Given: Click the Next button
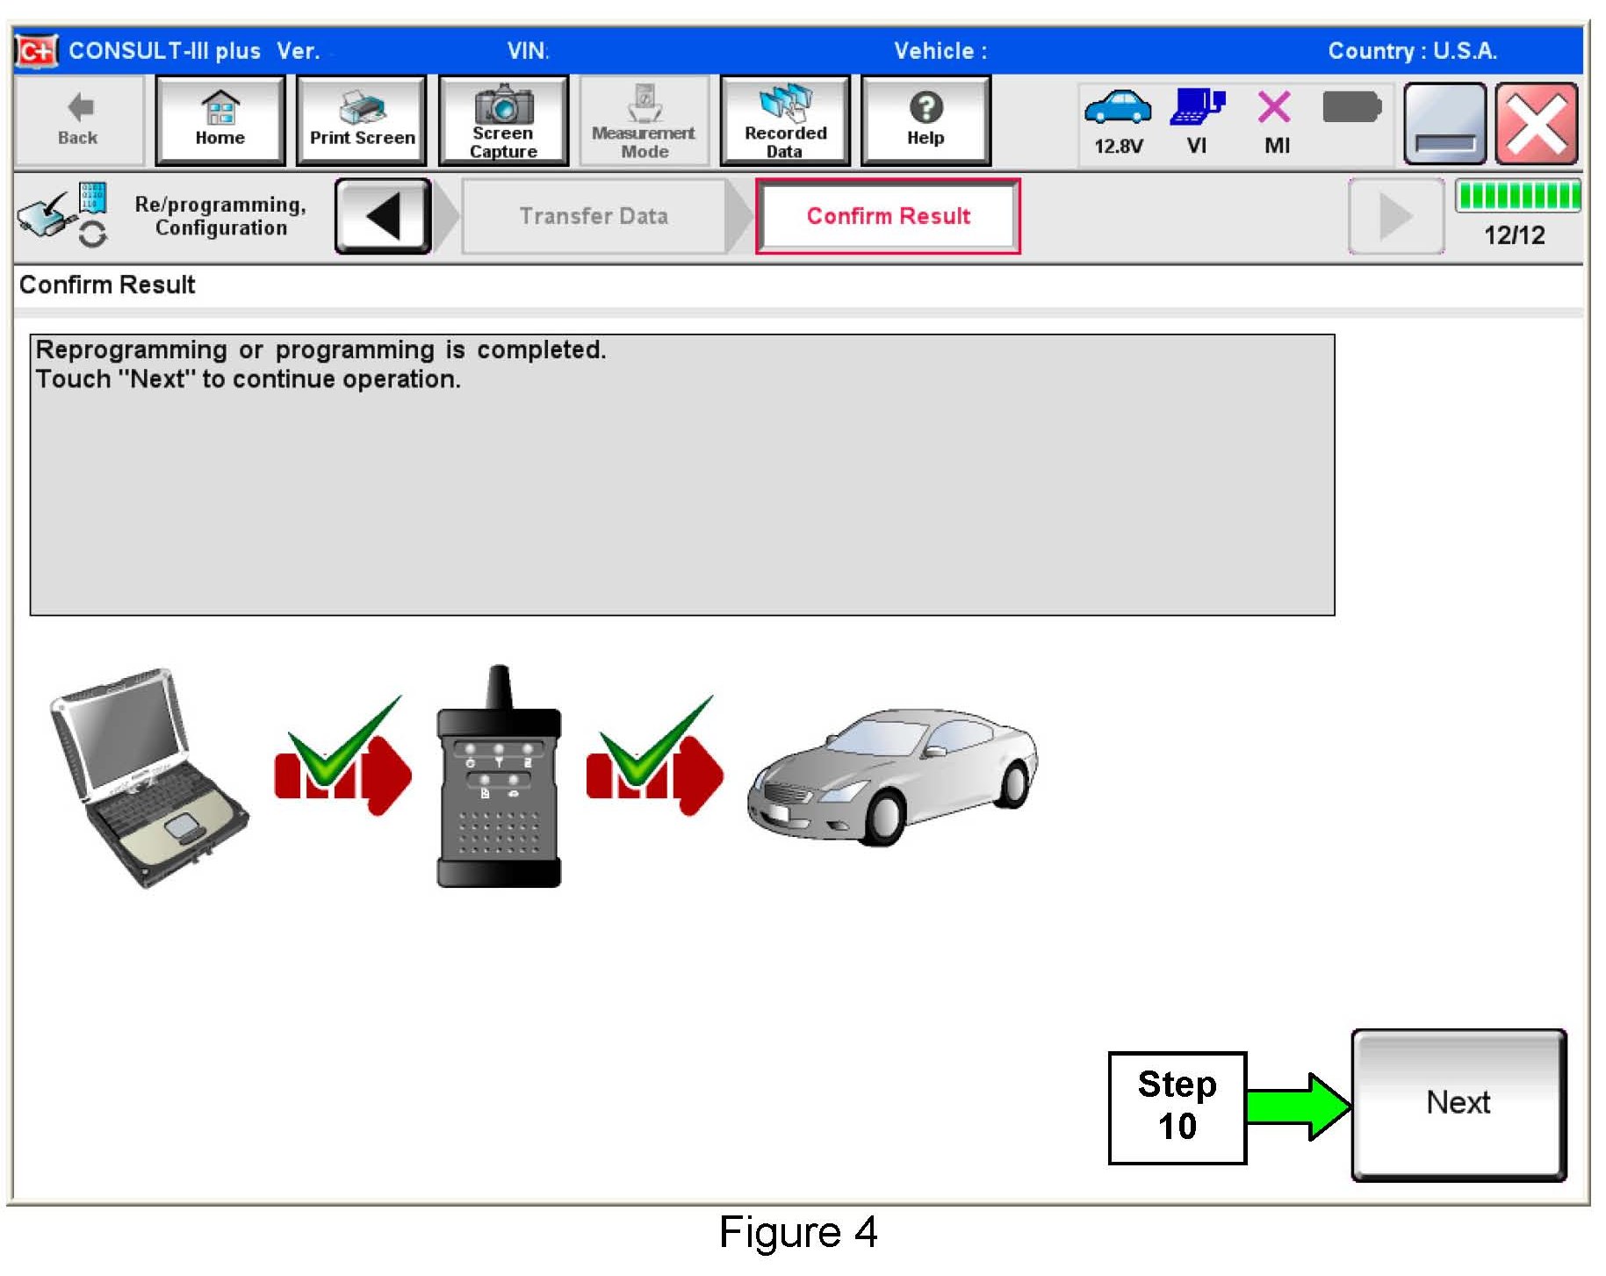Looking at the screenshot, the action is coord(1458,1104).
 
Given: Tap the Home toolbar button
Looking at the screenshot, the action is coord(220,120).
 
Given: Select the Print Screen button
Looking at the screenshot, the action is coord(362,120).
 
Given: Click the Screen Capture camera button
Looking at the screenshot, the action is coord(503,120).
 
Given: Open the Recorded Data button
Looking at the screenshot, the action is coord(785,120).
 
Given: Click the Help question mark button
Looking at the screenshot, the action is coord(925,120).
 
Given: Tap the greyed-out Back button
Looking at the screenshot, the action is coord(78,120).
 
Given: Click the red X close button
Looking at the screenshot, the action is coord(1537,124).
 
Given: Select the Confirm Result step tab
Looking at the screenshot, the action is coord(888,216).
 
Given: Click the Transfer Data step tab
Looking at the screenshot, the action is coord(594,216).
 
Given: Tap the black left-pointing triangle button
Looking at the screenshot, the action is coord(383,216).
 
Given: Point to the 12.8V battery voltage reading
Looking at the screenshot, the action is coord(1118,146).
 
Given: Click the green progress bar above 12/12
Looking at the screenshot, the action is coord(1516,195).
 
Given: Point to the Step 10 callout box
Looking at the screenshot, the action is coord(1177,1107).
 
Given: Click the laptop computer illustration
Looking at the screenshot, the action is coord(148,777).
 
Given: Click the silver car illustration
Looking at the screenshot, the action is coord(891,777).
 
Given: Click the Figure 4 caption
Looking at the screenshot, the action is coord(797,1232).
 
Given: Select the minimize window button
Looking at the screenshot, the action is coord(1444,124).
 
